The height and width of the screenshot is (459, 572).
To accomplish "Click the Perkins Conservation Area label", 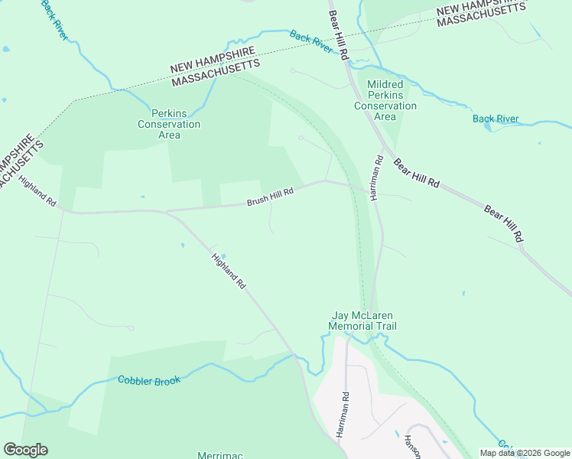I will pos(169,124).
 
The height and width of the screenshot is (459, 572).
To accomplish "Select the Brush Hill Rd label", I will pos(270,199).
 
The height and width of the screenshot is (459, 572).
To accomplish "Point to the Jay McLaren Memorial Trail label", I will pos(362,321).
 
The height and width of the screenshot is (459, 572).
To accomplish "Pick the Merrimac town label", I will pos(220,454).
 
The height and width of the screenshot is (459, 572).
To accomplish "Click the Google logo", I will pos(25,450).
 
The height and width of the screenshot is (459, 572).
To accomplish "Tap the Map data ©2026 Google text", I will pos(525,453).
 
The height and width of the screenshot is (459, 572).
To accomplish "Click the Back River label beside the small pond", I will pos(496,119).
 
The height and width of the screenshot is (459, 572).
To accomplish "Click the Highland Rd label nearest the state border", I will pos(38,193).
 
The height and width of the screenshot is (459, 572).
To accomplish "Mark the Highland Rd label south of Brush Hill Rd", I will pos(229,271).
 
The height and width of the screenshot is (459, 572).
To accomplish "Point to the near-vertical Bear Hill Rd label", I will pos(338,35).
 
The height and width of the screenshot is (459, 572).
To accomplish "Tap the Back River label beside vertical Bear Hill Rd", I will pos(311,41).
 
